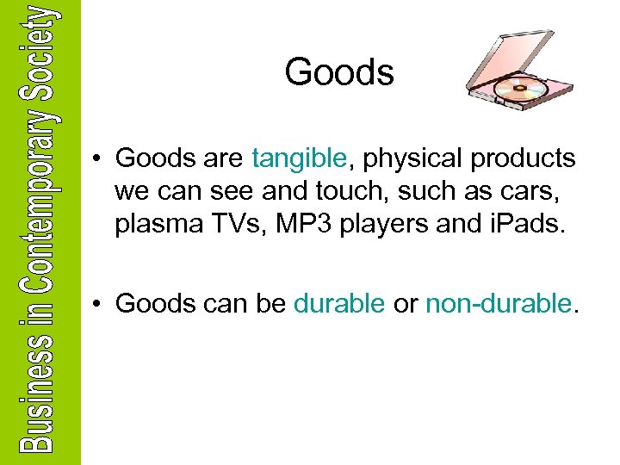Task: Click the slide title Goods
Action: tap(339, 72)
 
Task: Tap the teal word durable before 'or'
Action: tap(339, 303)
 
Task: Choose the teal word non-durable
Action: tap(498, 303)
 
